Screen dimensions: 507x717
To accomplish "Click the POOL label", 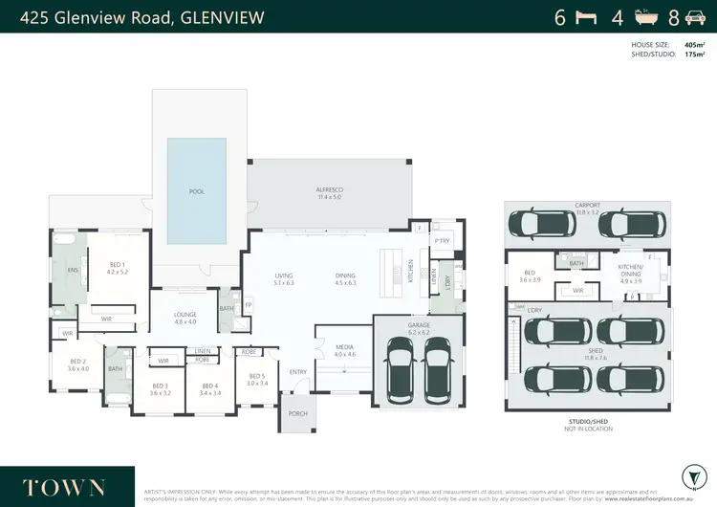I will pyautogui.click(x=197, y=192).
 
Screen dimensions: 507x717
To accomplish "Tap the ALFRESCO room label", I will pyautogui.click(x=329, y=189).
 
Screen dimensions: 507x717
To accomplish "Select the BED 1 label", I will pyautogui.click(x=117, y=264).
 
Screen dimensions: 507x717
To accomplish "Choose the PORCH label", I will pyautogui.click(x=298, y=414).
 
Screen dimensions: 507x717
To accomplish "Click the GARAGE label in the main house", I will pyautogui.click(x=419, y=325).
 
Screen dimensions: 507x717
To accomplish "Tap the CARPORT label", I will pyautogui.click(x=587, y=205).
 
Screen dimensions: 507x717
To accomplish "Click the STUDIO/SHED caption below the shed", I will pyautogui.click(x=587, y=422).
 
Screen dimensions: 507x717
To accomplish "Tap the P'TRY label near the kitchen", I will pyautogui.click(x=442, y=241).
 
